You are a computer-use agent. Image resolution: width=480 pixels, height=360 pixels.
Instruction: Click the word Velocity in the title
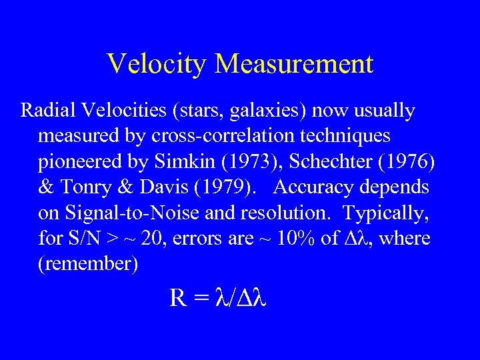[x=157, y=64]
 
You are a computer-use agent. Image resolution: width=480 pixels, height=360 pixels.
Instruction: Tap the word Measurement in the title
[x=294, y=64]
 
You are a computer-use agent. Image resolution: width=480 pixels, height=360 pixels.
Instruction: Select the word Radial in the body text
[x=44, y=110]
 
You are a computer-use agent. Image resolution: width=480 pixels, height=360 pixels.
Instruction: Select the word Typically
[x=387, y=213]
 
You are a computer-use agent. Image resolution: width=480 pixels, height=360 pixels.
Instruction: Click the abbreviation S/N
[x=84, y=239]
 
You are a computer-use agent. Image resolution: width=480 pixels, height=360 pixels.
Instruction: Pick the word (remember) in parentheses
[x=88, y=265]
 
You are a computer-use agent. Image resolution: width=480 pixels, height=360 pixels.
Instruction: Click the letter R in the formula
[x=178, y=298]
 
